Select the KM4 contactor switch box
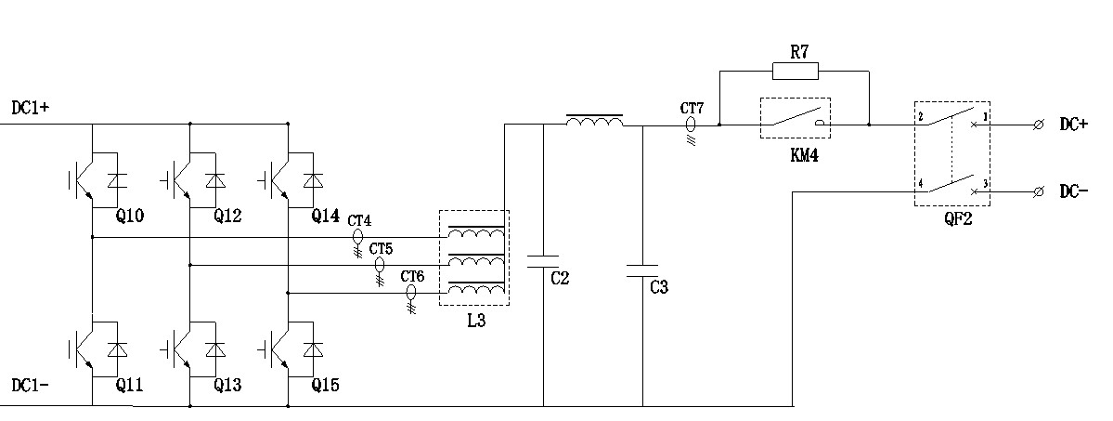(794, 119)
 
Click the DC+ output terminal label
(1073, 125)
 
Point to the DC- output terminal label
(1073, 191)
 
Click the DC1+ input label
(31, 108)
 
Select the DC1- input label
(31, 384)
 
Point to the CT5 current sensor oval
(379, 266)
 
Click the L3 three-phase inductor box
(473, 257)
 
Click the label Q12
(227, 217)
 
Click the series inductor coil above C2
(594, 121)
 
